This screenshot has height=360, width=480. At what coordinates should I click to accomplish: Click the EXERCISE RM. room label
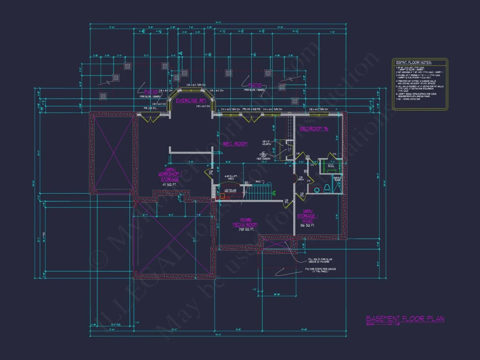click(190, 100)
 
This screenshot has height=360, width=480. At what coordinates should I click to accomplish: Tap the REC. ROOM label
click(235, 144)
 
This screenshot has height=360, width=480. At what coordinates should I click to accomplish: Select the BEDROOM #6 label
click(313, 129)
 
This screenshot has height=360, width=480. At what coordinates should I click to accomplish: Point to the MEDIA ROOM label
click(245, 225)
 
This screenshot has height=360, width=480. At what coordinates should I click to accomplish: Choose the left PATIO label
click(151, 92)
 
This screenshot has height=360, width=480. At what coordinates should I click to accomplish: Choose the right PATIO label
click(254, 85)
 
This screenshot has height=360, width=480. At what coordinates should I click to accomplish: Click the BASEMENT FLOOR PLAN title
click(405, 319)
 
